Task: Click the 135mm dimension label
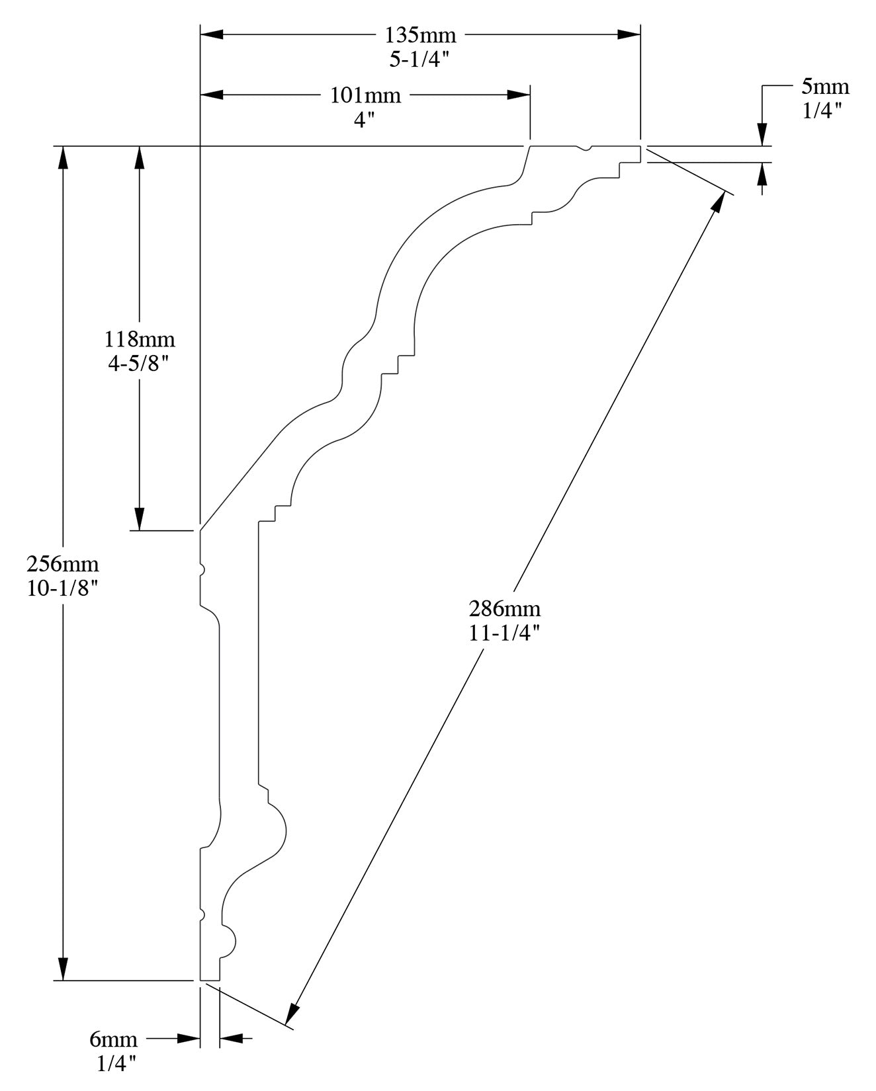420,35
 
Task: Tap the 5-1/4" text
419,60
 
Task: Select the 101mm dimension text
365,95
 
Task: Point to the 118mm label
140,339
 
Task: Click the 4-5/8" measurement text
140,363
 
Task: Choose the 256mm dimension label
63,564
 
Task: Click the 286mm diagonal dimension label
504,608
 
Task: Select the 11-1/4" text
504,632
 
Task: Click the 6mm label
113,1039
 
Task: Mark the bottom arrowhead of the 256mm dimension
63,969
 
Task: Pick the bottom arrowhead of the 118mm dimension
140,520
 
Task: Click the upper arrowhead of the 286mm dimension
718,204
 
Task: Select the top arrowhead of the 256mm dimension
63,157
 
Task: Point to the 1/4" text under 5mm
822,110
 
